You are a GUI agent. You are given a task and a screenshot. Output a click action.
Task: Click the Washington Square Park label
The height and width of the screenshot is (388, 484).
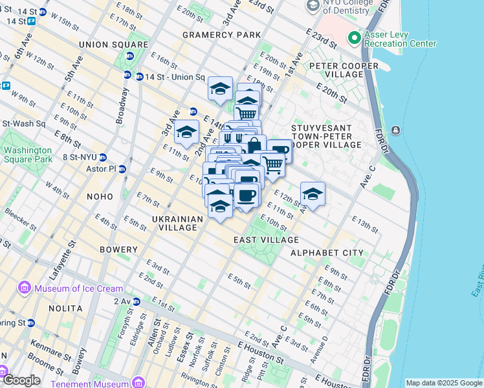coord(27,155)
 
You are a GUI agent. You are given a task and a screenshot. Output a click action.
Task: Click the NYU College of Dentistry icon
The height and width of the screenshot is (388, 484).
coord(313,6)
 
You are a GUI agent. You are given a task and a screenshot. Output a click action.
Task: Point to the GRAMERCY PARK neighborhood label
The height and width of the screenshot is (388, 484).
coord(221,34)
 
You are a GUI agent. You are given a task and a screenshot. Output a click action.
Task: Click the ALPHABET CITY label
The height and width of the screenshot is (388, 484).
coord(327,252)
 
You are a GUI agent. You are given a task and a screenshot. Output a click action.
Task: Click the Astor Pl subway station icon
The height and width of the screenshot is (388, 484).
coord(122,169)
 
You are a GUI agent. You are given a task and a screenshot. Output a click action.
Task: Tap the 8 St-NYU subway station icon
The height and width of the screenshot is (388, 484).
coord(103,156)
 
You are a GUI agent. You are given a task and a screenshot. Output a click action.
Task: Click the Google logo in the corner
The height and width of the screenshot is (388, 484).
coord(21,380)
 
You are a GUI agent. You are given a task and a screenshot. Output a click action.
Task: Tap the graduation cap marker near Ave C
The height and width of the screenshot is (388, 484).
coord(313,193)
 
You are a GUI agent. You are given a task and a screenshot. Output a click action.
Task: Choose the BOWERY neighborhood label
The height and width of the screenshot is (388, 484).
coord(118,250)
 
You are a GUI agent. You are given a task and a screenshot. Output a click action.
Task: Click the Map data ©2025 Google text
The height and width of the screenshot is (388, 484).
coord(443,383)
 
